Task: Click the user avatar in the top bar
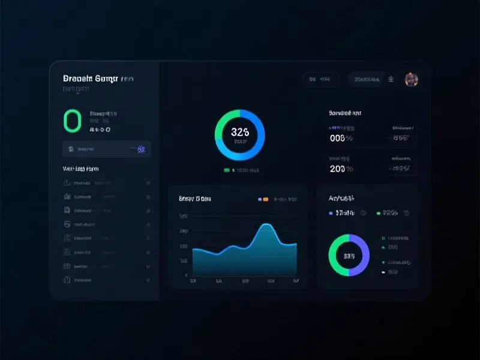click(x=411, y=79)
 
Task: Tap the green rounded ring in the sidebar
click(x=72, y=120)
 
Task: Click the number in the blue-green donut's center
click(x=239, y=132)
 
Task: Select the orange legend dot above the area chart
click(x=265, y=199)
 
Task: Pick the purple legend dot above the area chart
click(x=259, y=199)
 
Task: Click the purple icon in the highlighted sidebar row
click(x=142, y=149)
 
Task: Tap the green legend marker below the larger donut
click(x=227, y=170)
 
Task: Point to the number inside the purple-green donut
click(x=349, y=256)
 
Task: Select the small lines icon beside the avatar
click(x=391, y=79)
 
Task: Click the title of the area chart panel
click(x=195, y=198)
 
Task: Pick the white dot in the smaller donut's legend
click(x=383, y=272)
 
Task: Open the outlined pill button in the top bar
click(x=320, y=79)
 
